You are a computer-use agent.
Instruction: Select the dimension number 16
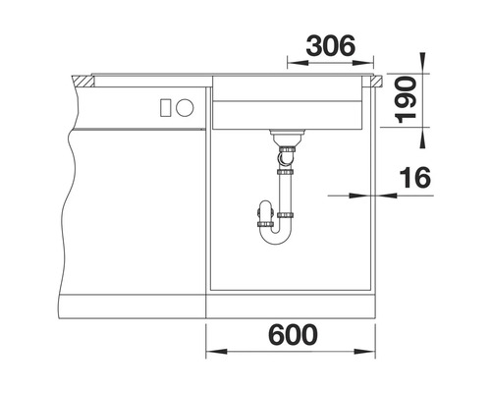coord(415,178)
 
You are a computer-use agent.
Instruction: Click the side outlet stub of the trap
coord(262,212)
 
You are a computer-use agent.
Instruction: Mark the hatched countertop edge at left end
coord(83,79)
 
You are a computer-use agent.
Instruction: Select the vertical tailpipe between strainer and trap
coord(285,182)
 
